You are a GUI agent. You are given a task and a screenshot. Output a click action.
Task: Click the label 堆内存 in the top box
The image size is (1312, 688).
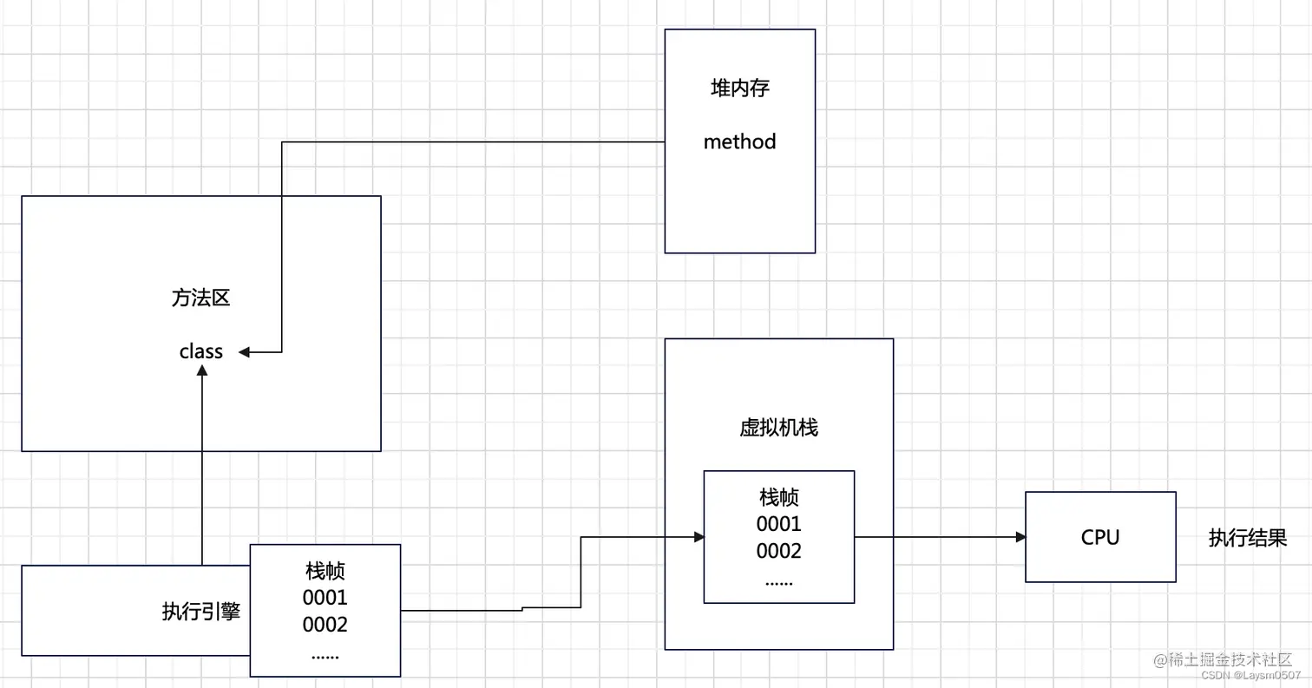click(739, 88)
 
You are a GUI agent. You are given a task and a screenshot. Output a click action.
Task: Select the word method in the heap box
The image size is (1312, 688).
click(739, 141)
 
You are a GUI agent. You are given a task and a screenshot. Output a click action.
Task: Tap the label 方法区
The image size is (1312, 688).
click(200, 298)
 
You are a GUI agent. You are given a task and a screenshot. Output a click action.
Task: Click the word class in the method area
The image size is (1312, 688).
click(201, 351)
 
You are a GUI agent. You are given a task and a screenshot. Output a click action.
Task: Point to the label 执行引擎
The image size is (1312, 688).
click(201, 611)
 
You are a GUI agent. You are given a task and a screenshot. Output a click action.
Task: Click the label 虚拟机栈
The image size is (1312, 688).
click(778, 428)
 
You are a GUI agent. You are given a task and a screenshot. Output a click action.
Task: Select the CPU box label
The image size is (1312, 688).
click(1100, 537)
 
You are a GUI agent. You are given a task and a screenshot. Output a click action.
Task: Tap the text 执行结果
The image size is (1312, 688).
click(1248, 538)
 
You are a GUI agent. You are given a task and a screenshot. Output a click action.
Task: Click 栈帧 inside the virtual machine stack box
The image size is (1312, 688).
click(778, 497)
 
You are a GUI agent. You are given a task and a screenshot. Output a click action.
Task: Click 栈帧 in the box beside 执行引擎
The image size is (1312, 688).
click(325, 571)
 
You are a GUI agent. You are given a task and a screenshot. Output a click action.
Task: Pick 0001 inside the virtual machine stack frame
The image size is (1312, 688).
click(778, 524)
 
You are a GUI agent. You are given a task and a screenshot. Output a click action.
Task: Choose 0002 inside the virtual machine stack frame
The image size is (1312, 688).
click(778, 551)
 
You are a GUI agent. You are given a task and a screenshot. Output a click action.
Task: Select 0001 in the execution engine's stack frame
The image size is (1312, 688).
click(325, 598)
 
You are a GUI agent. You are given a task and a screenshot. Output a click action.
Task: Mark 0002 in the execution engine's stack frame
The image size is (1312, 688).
click(325, 625)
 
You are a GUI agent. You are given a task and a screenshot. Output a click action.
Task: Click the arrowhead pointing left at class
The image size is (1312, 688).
click(245, 351)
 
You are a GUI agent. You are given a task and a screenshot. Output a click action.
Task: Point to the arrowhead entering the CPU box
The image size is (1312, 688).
click(1020, 537)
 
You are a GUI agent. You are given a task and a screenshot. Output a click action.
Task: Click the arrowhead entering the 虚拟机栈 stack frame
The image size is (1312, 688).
click(699, 537)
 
